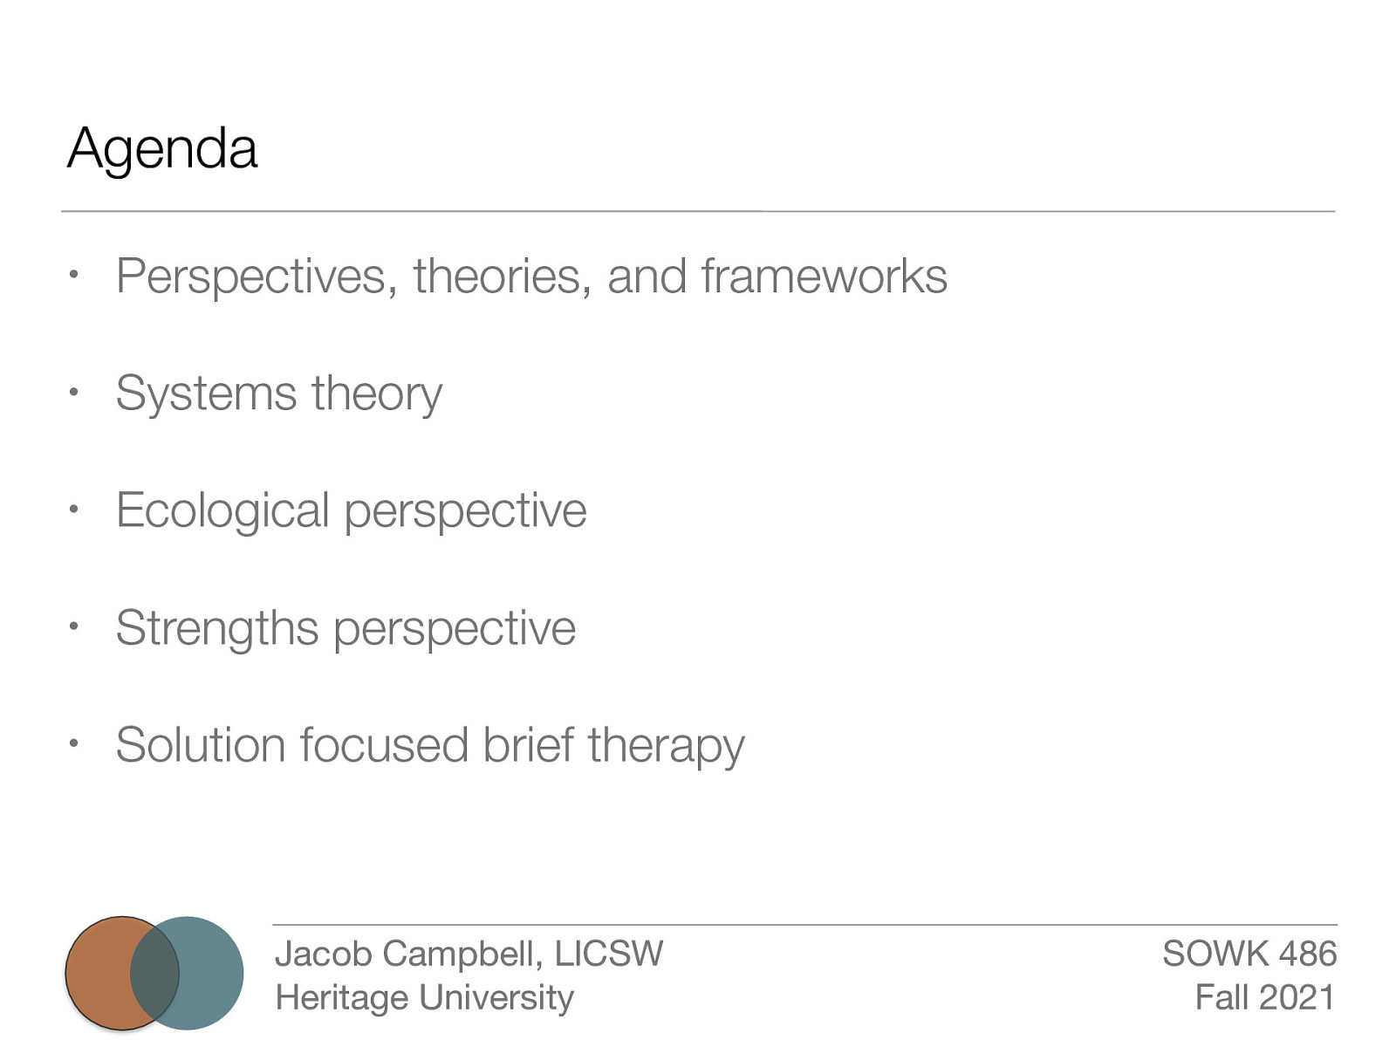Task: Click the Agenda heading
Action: [162, 148]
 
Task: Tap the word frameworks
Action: [824, 277]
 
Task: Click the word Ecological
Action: [222, 510]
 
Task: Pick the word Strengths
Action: [217, 628]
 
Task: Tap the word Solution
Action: [201, 745]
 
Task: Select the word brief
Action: [527, 745]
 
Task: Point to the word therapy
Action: [666, 747]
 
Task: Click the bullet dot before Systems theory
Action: [75, 393]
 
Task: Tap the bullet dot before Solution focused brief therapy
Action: [75, 744]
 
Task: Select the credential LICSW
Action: [608, 954]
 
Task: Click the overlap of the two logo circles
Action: [154, 973]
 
